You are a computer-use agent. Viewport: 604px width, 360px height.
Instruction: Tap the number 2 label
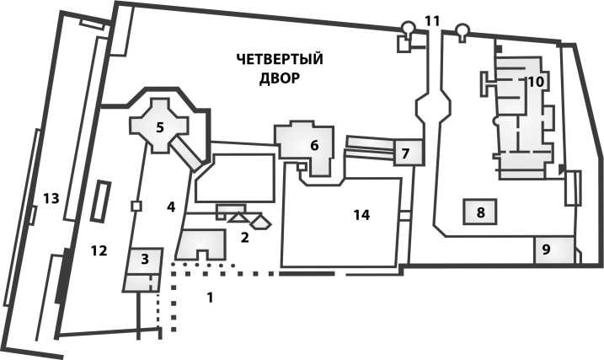(x=244, y=237)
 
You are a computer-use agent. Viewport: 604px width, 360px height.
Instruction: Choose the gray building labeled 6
(x=314, y=144)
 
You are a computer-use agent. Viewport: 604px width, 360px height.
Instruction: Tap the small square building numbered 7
(x=405, y=153)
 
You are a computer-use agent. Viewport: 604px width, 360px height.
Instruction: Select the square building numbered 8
(x=480, y=212)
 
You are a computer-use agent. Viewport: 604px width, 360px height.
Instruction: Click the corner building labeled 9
(x=546, y=250)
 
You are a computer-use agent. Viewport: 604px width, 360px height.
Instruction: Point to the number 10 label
(x=536, y=82)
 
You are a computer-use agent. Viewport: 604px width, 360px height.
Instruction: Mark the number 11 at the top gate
(x=432, y=19)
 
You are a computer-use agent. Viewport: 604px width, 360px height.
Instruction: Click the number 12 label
(x=99, y=250)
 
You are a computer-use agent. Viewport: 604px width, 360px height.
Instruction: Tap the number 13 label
(x=50, y=198)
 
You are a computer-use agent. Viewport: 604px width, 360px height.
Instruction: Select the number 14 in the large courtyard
(x=361, y=215)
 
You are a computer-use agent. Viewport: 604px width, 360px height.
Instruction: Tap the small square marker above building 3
(x=135, y=205)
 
